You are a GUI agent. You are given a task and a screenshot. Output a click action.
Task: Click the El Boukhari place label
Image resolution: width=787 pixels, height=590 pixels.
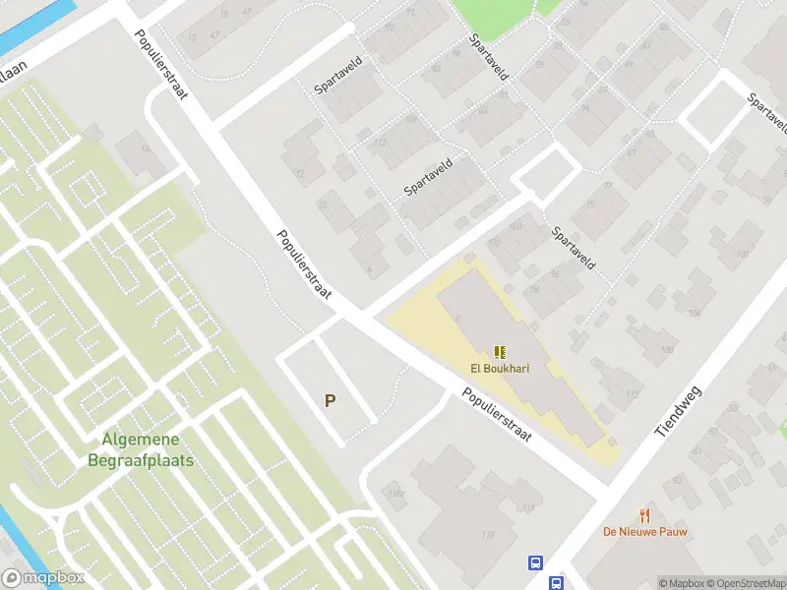point(500,370)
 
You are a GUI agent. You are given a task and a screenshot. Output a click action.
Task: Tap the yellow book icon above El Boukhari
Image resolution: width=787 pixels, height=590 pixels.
point(500,352)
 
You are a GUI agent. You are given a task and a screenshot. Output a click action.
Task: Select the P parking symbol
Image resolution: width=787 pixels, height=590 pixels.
point(331,401)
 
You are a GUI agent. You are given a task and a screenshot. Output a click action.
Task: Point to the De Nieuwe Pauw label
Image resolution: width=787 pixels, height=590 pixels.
point(645,532)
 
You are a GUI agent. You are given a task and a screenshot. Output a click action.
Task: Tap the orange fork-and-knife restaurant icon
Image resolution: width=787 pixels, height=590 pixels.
point(645,514)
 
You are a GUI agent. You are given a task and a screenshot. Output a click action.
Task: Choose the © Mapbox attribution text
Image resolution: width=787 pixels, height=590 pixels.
point(681,583)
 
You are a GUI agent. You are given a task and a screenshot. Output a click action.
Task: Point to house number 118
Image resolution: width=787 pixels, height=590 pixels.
point(486,534)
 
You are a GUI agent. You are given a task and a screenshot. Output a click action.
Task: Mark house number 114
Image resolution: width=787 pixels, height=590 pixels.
point(528,507)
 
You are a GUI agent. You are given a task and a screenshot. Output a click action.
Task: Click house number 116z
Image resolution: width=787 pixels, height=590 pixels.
point(396,493)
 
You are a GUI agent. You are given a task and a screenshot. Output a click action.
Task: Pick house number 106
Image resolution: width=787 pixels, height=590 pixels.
point(696,314)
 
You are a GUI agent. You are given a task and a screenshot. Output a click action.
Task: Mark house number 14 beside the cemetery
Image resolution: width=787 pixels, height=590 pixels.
point(146,149)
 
